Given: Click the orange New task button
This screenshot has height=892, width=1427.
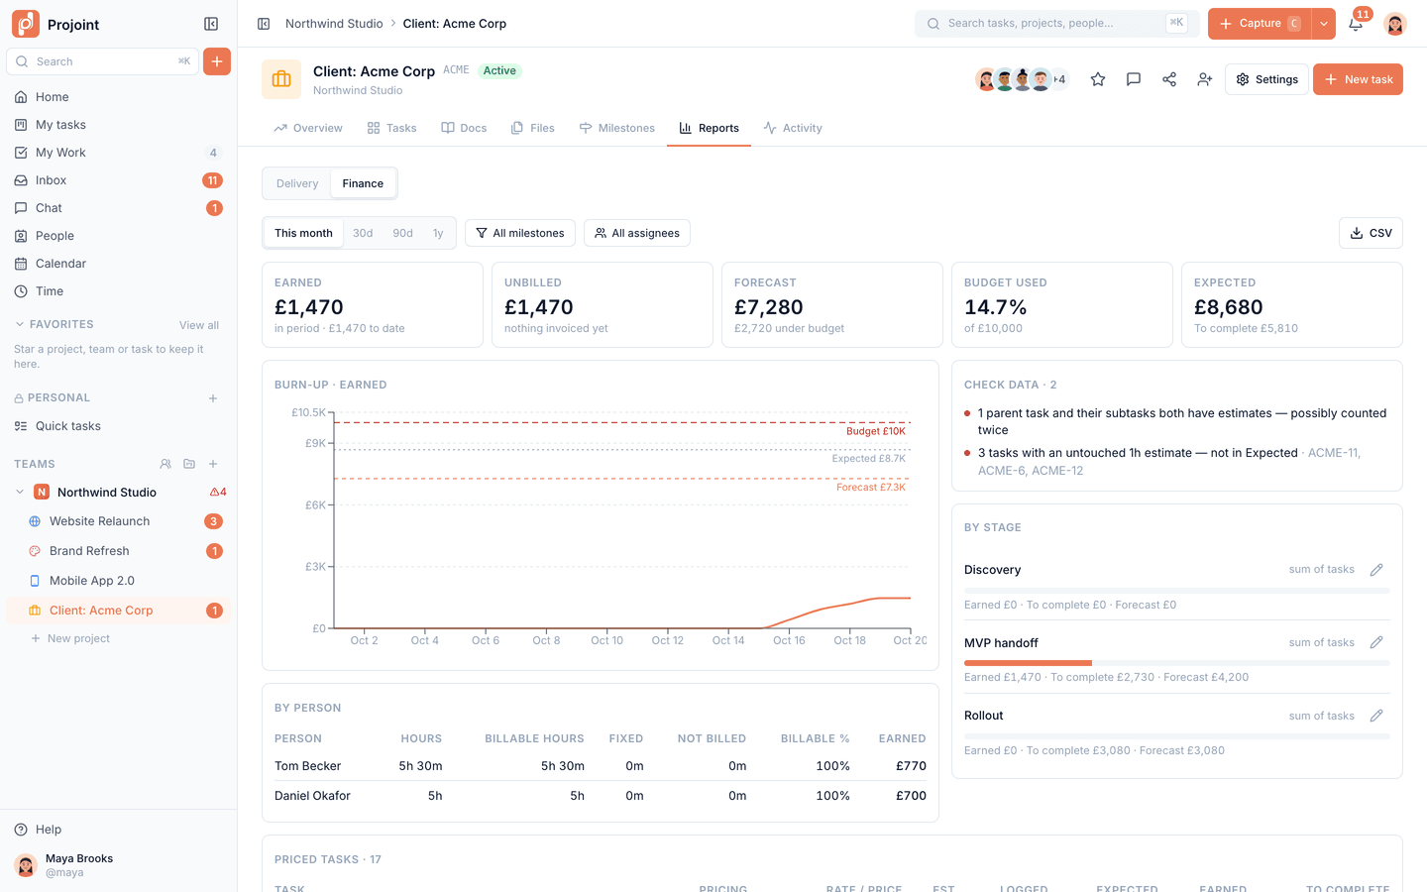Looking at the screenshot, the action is [x=1358, y=79].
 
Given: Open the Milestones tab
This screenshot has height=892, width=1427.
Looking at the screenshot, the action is [x=616, y=128].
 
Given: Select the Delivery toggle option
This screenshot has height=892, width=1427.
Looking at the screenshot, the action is [x=297, y=183].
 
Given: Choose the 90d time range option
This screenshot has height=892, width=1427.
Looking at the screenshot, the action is [x=402, y=233].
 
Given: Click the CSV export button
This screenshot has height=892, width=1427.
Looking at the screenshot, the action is [x=1371, y=233].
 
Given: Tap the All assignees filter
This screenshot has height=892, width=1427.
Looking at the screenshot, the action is [x=637, y=233].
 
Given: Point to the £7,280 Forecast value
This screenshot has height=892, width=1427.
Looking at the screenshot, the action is [x=768, y=307].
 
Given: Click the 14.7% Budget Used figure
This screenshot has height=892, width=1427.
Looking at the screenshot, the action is [x=995, y=307].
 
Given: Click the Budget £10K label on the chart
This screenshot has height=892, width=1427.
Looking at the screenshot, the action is [x=875, y=431].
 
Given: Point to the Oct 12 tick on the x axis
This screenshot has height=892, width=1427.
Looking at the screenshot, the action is [x=668, y=640].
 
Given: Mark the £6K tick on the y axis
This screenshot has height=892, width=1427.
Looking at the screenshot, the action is [x=316, y=505].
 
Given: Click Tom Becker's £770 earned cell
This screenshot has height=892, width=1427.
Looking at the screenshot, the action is [x=911, y=766].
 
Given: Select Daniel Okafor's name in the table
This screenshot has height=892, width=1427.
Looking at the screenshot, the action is [x=312, y=796].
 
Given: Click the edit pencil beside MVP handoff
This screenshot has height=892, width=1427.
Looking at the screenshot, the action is [x=1376, y=642].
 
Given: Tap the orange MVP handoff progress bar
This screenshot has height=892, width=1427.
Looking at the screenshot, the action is [x=1028, y=663].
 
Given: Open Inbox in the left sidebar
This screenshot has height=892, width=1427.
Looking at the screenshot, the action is [x=51, y=180].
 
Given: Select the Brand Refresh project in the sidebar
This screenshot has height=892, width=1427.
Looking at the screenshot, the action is [x=89, y=551].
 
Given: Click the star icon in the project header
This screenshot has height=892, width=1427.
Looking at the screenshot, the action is [x=1098, y=79].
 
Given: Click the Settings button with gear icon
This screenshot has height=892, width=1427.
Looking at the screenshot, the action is [x=1266, y=79].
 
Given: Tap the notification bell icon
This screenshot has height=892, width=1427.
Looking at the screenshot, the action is [x=1355, y=24].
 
